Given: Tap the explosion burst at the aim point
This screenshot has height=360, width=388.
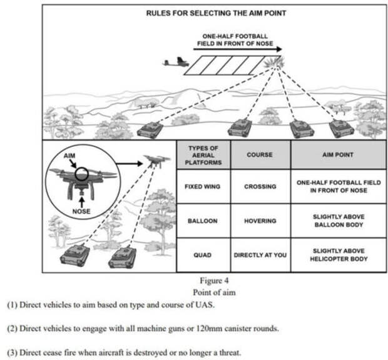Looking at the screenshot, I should (273, 62).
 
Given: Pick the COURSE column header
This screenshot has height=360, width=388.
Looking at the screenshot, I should (260, 154).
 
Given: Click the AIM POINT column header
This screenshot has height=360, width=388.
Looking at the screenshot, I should (338, 154).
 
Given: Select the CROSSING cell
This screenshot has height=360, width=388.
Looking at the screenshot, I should (260, 186).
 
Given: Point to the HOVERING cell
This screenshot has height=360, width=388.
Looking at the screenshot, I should (260, 221).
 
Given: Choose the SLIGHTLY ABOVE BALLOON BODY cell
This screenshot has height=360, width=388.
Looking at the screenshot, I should (338, 221).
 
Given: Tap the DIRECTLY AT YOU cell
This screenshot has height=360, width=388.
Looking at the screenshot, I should (260, 255).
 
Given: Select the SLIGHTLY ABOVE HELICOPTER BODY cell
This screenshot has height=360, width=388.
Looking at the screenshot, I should (338, 255).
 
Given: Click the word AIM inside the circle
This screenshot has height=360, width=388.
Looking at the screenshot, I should (68, 154).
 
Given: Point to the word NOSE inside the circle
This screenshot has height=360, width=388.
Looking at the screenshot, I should (81, 211).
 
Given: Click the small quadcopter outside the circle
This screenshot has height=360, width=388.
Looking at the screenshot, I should (156, 161).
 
